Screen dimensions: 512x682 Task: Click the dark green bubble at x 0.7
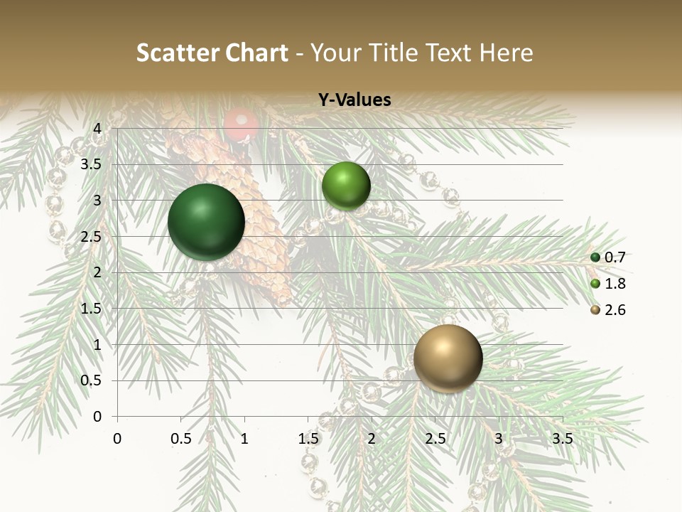point(206,221)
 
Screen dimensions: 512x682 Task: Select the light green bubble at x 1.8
point(346,186)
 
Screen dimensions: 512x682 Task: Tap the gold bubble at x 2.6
point(448,358)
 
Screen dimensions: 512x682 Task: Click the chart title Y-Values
point(354,100)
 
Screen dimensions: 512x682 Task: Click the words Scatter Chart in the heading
point(212,53)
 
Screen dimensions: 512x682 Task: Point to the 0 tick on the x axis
point(117,439)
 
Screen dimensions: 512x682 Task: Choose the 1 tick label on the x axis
point(244,439)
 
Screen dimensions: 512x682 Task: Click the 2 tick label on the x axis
point(372,439)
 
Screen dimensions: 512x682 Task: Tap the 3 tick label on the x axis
point(499,439)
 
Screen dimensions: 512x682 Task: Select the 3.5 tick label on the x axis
point(562,439)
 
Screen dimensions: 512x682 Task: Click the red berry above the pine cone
point(242,124)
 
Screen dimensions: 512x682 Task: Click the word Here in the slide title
point(505,53)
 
